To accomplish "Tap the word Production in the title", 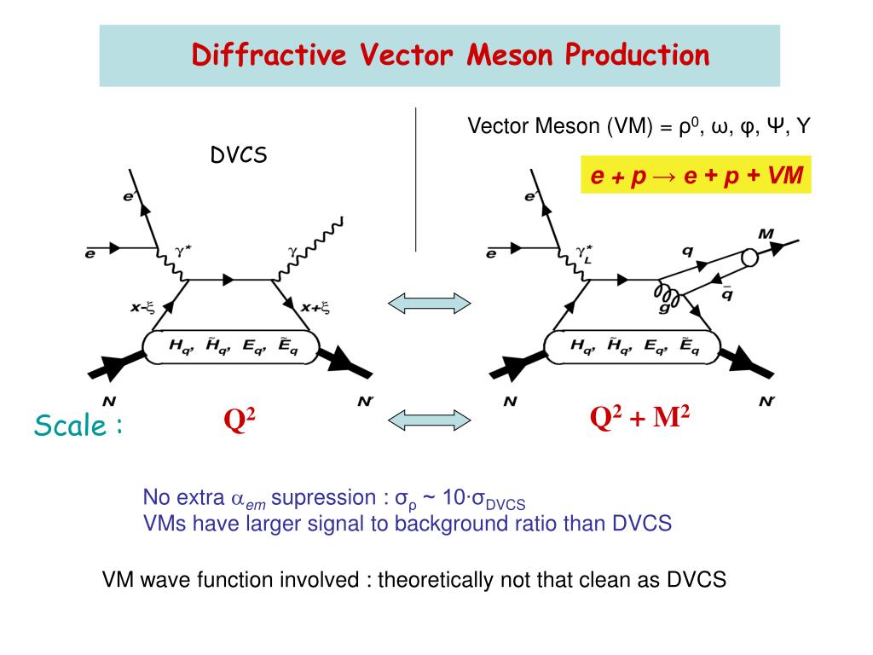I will [x=636, y=55].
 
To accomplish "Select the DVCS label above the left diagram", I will [x=240, y=155].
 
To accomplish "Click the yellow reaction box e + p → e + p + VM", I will [x=697, y=176].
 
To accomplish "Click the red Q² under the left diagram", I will [x=241, y=420].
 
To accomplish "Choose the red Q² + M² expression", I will [x=640, y=418].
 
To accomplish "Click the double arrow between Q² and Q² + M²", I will [x=430, y=417].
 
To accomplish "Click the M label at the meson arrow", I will [x=766, y=234].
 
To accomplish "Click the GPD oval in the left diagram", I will [x=230, y=345].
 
